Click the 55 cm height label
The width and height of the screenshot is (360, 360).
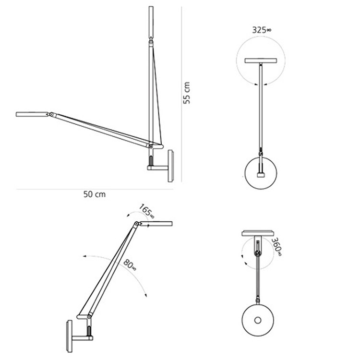coord(187,92)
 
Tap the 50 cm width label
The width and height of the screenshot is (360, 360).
coord(94,194)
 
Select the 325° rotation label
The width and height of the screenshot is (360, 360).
coord(262,30)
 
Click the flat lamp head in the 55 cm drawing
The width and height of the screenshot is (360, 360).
coord(31,114)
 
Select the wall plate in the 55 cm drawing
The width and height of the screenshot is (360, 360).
coord(170,166)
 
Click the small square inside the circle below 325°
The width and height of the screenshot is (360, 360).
coord(261,175)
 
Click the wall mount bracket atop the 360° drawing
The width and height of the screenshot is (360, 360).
coord(259,234)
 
